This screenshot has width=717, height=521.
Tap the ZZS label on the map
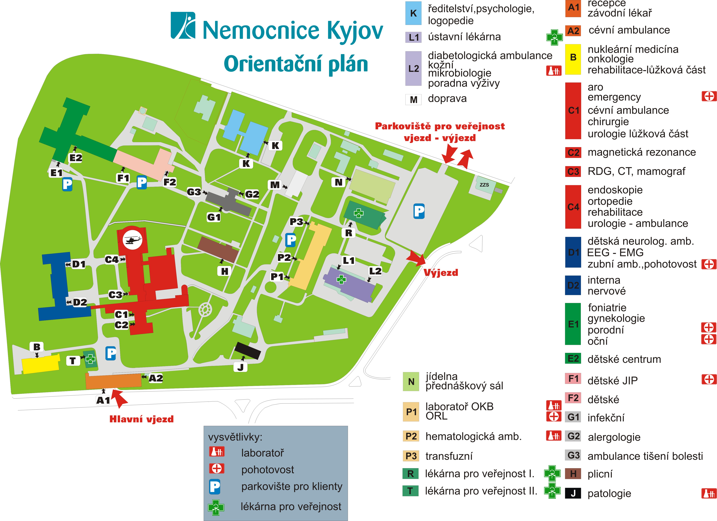click(x=484, y=185)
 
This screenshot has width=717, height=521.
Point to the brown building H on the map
click(x=218, y=250)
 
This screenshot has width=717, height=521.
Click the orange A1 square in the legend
click(x=573, y=8)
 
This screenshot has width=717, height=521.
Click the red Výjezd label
click(x=441, y=273)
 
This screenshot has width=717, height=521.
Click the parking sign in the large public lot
click(x=419, y=211)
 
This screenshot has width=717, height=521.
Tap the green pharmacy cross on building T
click(x=90, y=359)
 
